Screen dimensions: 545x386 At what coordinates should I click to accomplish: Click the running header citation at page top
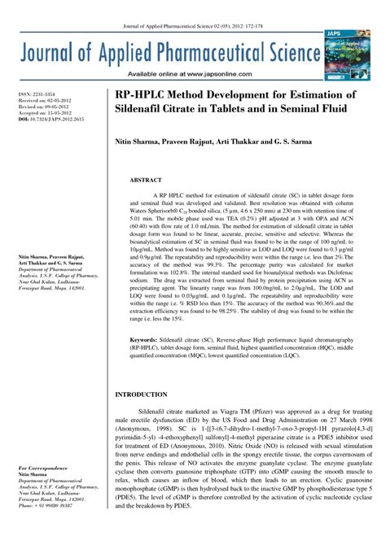(193, 7)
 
